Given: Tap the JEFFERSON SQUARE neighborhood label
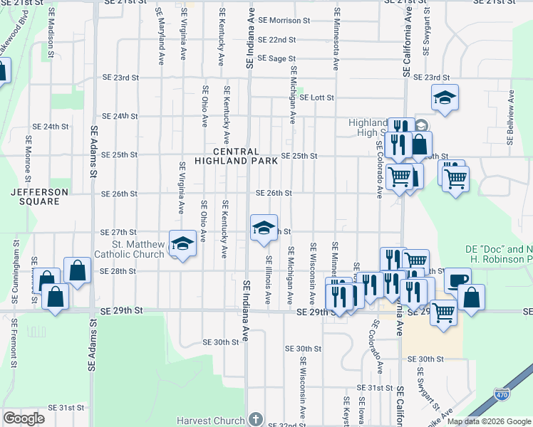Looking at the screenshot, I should (x=39, y=197).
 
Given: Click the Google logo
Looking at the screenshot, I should (x=24, y=418).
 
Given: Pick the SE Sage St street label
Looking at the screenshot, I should (x=276, y=58).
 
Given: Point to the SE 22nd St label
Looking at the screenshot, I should (x=277, y=39).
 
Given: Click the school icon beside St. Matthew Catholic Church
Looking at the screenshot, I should (x=182, y=244).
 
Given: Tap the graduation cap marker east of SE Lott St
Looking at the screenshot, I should (x=445, y=97).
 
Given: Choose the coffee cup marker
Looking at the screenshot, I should (x=457, y=280).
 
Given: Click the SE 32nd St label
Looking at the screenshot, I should (x=286, y=425).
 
